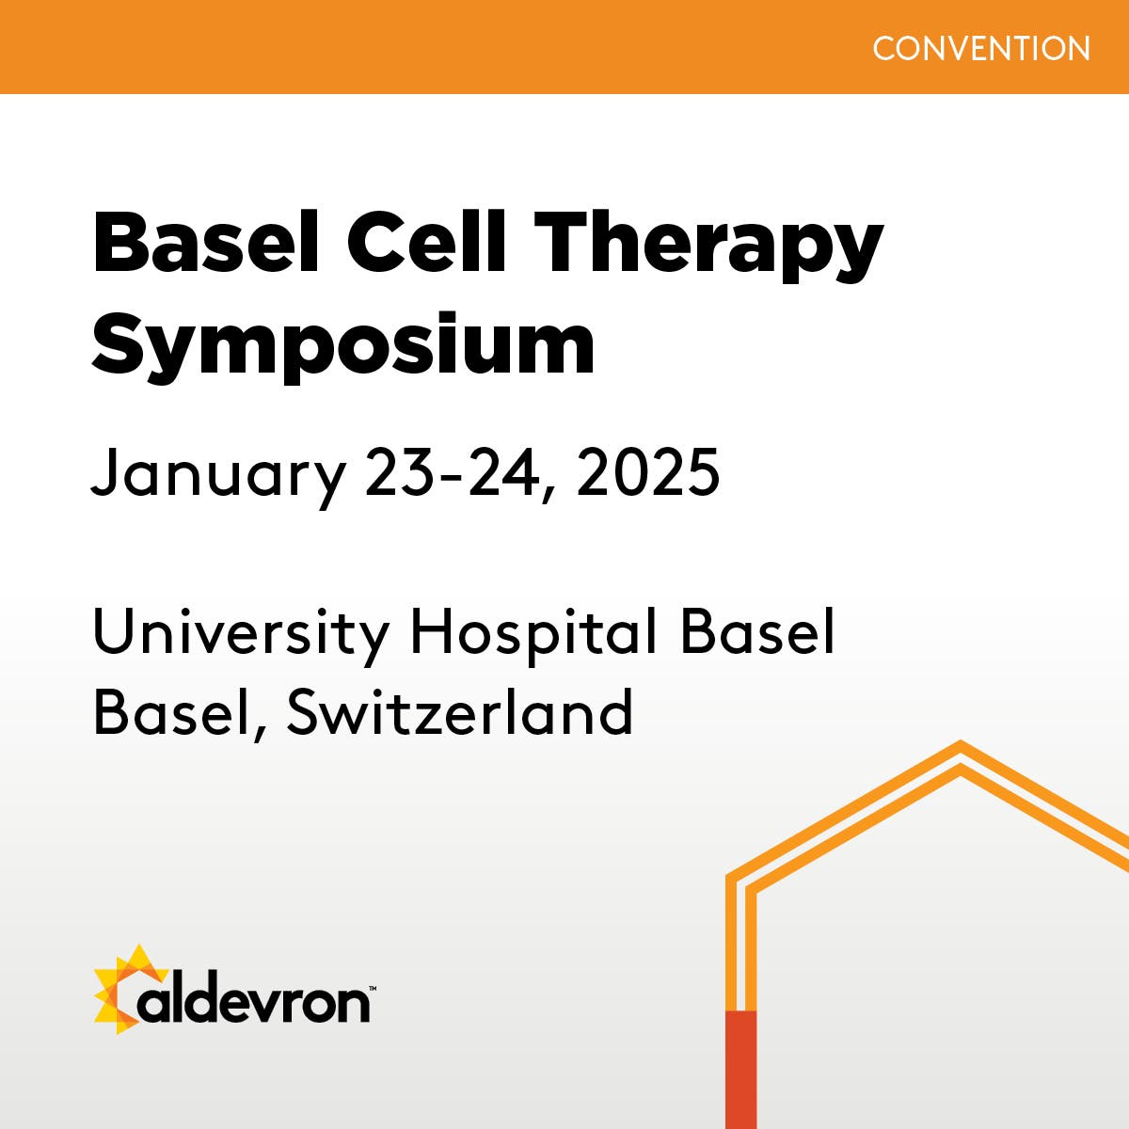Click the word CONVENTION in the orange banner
(x=981, y=48)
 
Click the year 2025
(x=648, y=472)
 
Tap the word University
(x=241, y=634)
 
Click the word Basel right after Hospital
(x=757, y=632)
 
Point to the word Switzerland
(x=460, y=712)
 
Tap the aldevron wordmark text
(x=254, y=1002)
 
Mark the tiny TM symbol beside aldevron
(x=373, y=989)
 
